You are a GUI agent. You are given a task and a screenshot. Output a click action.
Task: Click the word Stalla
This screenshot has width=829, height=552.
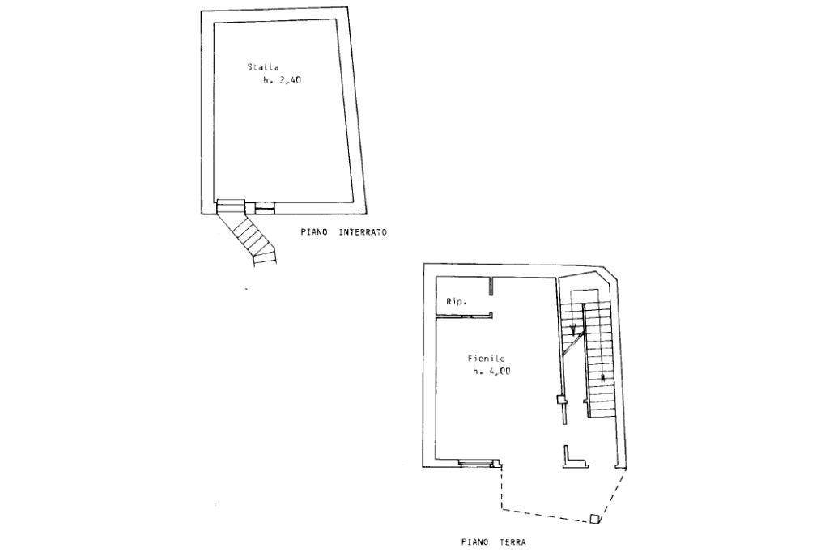point(262,66)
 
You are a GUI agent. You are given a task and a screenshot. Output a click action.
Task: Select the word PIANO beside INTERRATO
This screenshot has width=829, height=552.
point(314,232)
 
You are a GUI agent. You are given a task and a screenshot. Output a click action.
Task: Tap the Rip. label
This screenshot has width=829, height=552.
point(455,302)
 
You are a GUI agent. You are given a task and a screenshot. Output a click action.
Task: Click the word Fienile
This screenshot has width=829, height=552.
point(487,358)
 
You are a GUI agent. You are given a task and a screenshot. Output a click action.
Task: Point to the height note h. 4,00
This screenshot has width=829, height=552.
point(492,372)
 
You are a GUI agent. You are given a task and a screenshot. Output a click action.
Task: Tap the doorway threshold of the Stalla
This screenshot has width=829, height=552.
point(230,204)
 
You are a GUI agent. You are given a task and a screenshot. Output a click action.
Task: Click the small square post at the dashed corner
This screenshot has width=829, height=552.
point(595,520)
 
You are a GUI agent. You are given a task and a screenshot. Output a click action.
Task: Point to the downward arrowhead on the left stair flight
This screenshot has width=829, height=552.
point(573,329)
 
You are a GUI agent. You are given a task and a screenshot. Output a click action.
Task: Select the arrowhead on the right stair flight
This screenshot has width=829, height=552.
point(603,377)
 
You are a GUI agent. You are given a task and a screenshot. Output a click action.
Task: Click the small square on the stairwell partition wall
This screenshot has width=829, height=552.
point(560,399)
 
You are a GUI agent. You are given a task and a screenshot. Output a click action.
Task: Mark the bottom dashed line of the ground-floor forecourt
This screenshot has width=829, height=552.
point(546,515)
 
